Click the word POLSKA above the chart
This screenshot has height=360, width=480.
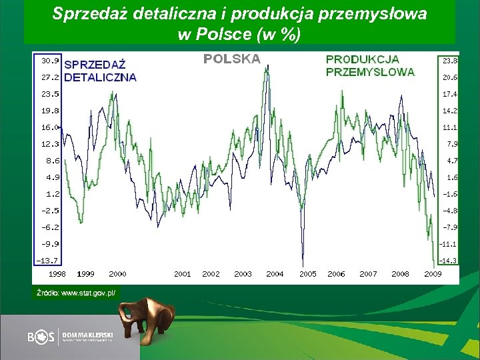[x=231, y=59]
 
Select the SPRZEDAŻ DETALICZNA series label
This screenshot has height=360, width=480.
[x=100, y=71]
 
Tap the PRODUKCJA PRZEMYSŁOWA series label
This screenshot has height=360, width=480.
[x=370, y=65]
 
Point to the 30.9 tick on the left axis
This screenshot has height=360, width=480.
[x=50, y=60]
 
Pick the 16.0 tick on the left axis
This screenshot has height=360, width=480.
[x=50, y=127]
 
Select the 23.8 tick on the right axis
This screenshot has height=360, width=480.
[x=449, y=60]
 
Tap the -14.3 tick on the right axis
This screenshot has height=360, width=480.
[x=449, y=261]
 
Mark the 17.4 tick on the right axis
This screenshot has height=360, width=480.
[x=449, y=94]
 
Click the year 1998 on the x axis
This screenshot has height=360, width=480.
[x=57, y=273]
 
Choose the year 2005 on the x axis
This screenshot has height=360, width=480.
[x=307, y=273]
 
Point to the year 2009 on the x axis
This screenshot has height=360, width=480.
[x=433, y=273]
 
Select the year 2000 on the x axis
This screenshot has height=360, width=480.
[x=117, y=273]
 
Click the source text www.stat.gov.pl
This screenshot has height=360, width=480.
[x=77, y=293]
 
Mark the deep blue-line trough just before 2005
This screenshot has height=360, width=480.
[x=303, y=263]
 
